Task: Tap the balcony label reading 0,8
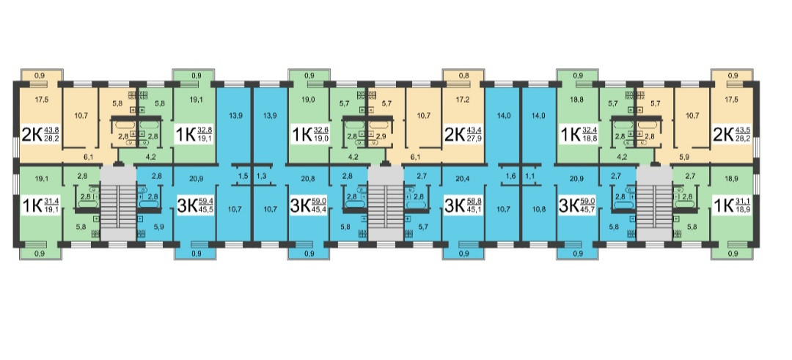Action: [x=465, y=75]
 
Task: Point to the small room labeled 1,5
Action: [x=242, y=176]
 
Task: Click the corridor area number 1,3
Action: [x=262, y=176]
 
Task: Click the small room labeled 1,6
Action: [x=511, y=176]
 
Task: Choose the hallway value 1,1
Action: [x=530, y=176]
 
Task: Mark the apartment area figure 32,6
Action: [x=321, y=130]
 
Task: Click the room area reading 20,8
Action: [x=309, y=177]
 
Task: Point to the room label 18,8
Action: [x=577, y=97]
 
